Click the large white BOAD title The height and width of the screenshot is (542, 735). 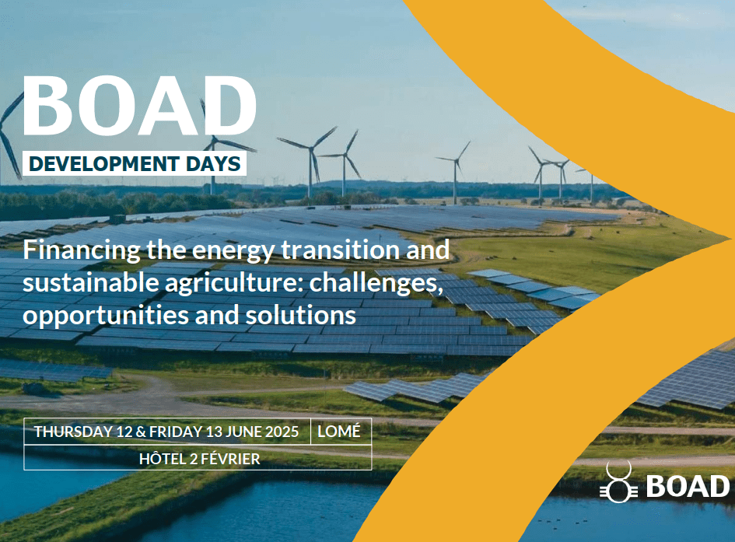[x=140, y=106]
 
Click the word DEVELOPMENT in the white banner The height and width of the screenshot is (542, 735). [x=104, y=164]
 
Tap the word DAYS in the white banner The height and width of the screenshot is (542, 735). [x=213, y=164]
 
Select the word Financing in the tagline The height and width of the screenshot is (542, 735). [x=81, y=250]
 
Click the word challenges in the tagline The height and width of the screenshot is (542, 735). [x=376, y=283]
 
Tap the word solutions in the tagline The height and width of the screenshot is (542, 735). [x=301, y=315]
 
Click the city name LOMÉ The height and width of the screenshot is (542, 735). [x=339, y=431]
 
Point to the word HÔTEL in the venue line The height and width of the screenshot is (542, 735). [x=163, y=459]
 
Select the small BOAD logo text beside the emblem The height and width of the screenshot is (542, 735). [x=688, y=486]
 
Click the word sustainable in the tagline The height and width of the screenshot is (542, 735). [x=90, y=282]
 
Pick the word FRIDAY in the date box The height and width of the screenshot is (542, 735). [x=175, y=432]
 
